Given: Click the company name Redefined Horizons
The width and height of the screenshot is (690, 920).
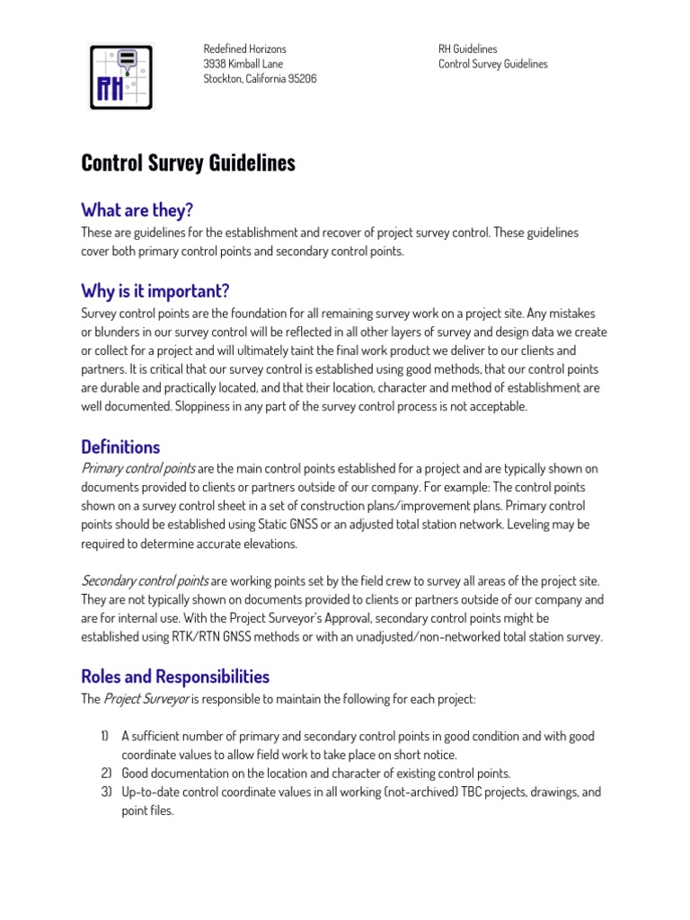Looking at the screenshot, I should [x=244, y=49].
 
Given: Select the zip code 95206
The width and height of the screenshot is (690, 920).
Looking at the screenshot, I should [x=301, y=79].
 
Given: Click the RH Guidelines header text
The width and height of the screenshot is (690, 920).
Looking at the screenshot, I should [x=467, y=49].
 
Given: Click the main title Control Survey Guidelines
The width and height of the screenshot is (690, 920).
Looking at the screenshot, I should [x=188, y=163].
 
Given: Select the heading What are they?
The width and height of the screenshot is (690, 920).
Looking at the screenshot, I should [x=137, y=210].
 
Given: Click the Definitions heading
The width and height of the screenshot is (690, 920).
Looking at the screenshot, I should [x=120, y=447].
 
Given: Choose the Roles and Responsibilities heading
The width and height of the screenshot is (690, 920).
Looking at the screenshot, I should [x=175, y=676].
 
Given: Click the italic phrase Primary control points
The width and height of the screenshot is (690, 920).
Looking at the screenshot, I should [x=137, y=468].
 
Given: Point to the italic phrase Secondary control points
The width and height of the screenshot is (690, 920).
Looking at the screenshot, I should [x=145, y=580].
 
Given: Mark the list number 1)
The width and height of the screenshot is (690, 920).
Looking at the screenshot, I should [x=105, y=736].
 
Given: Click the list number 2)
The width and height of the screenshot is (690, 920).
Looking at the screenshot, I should [x=105, y=773].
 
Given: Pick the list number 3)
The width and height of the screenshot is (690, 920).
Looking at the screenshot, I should [x=105, y=792].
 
